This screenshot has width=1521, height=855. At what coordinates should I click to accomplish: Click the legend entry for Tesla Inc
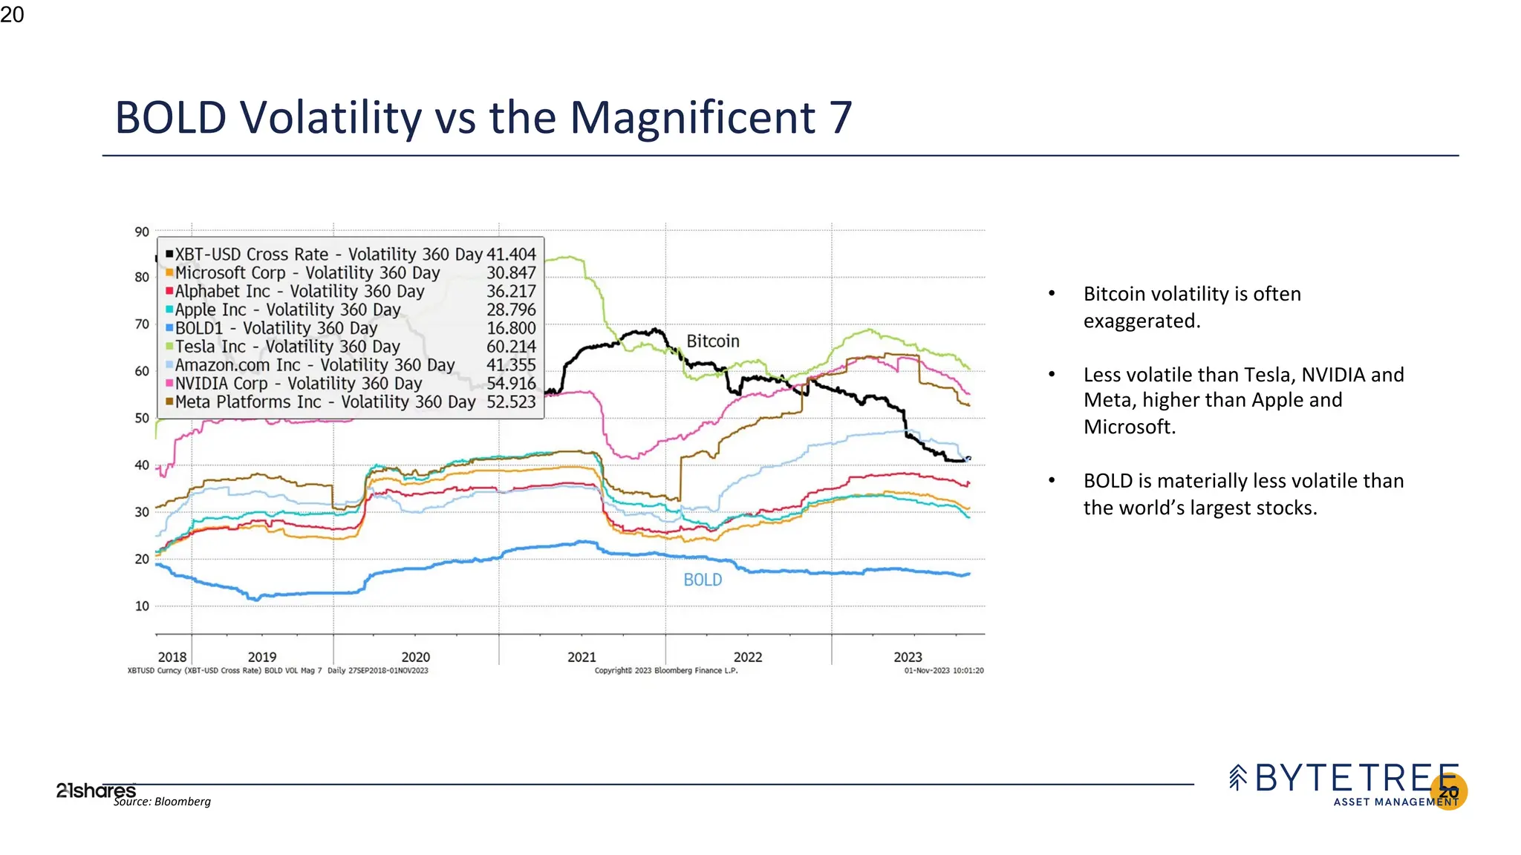click(x=287, y=347)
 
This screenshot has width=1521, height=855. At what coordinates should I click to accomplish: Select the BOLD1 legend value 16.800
click(x=511, y=328)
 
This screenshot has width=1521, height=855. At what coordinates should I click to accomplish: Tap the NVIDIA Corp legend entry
click(x=298, y=384)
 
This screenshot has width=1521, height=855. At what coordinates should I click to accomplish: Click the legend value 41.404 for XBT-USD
click(x=511, y=255)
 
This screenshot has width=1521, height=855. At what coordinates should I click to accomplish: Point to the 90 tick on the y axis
click(x=142, y=232)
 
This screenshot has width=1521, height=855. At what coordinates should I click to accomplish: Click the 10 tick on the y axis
click(x=142, y=606)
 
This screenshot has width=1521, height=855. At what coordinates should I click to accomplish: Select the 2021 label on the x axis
click(x=582, y=657)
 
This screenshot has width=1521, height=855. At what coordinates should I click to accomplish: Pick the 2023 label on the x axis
click(x=908, y=657)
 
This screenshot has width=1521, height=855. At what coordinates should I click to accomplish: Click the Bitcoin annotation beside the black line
click(x=712, y=341)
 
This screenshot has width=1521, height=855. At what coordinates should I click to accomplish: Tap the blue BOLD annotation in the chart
click(x=703, y=580)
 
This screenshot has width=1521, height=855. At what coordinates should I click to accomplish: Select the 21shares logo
click(x=96, y=790)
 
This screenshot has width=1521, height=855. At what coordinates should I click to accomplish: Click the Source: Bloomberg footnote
click(x=162, y=802)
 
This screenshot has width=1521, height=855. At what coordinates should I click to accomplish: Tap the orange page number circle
click(x=1448, y=792)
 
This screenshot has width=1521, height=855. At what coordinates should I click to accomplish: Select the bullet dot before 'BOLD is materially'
click(x=1052, y=481)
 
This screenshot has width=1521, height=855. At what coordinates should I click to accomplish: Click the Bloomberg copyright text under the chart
click(x=665, y=670)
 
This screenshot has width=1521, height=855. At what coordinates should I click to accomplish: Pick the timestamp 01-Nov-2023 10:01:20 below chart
click(x=943, y=670)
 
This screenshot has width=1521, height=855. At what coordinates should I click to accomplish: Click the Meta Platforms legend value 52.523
click(x=511, y=402)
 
